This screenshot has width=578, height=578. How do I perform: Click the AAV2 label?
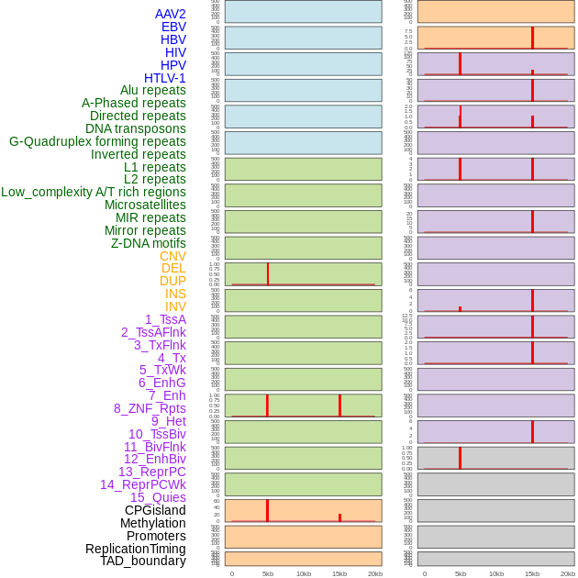[171, 14]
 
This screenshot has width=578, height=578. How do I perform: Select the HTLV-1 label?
[165, 78]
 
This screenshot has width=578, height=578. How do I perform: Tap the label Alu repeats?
[153, 90]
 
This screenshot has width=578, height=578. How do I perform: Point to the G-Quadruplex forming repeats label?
[97, 141]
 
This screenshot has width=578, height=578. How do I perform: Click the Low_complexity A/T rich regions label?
[94, 192]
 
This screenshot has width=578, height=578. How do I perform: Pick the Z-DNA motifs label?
[149, 243]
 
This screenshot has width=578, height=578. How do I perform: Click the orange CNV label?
[172, 256]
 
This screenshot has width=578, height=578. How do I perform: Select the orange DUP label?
[172, 281]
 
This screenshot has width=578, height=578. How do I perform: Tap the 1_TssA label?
[165, 319]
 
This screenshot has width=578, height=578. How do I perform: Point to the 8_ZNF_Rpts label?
[150, 408]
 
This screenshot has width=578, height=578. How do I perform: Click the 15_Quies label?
[158, 497]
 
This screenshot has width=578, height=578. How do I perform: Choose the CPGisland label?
[155, 510]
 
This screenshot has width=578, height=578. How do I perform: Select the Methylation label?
[153, 523]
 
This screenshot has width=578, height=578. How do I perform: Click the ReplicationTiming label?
[136, 549]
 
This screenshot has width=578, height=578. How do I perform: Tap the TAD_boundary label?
[143, 561]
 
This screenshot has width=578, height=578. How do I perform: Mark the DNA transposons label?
[136, 128]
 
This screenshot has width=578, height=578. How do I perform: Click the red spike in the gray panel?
[460, 457]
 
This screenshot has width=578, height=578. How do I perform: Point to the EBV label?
[173, 27]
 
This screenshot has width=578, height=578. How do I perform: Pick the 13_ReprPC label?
[152, 472]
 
